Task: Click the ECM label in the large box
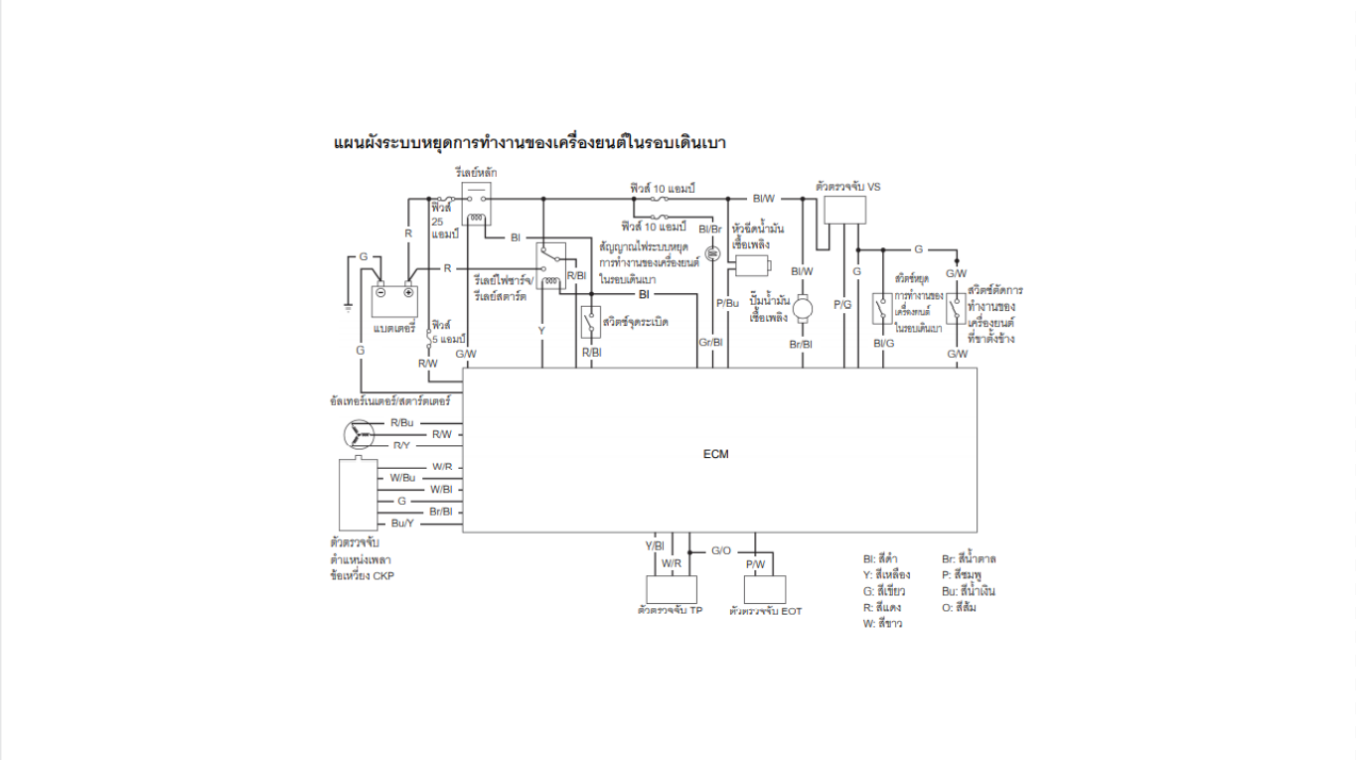pyautogui.click(x=715, y=454)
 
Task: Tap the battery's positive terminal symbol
pyautogui.click(x=407, y=293)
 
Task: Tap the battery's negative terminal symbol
pyautogui.click(x=380, y=293)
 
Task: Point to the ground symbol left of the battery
pyautogui.click(x=348, y=307)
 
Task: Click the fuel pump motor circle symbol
pyautogui.click(x=802, y=305)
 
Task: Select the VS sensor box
pyautogui.click(x=844, y=210)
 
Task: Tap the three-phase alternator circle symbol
pyautogui.click(x=357, y=434)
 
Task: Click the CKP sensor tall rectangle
pyautogui.click(x=358, y=494)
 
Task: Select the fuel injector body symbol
pyautogui.click(x=753, y=266)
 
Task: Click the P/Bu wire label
pyautogui.click(x=727, y=302)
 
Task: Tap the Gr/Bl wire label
pyautogui.click(x=710, y=343)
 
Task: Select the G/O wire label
pyautogui.click(x=721, y=550)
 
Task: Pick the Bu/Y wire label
pyautogui.click(x=402, y=523)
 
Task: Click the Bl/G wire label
pyautogui.click(x=883, y=343)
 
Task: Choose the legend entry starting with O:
pyautogui.click(x=959, y=607)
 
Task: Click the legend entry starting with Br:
pyautogui.click(x=969, y=558)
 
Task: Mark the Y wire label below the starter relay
pyautogui.click(x=541, y=329)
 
